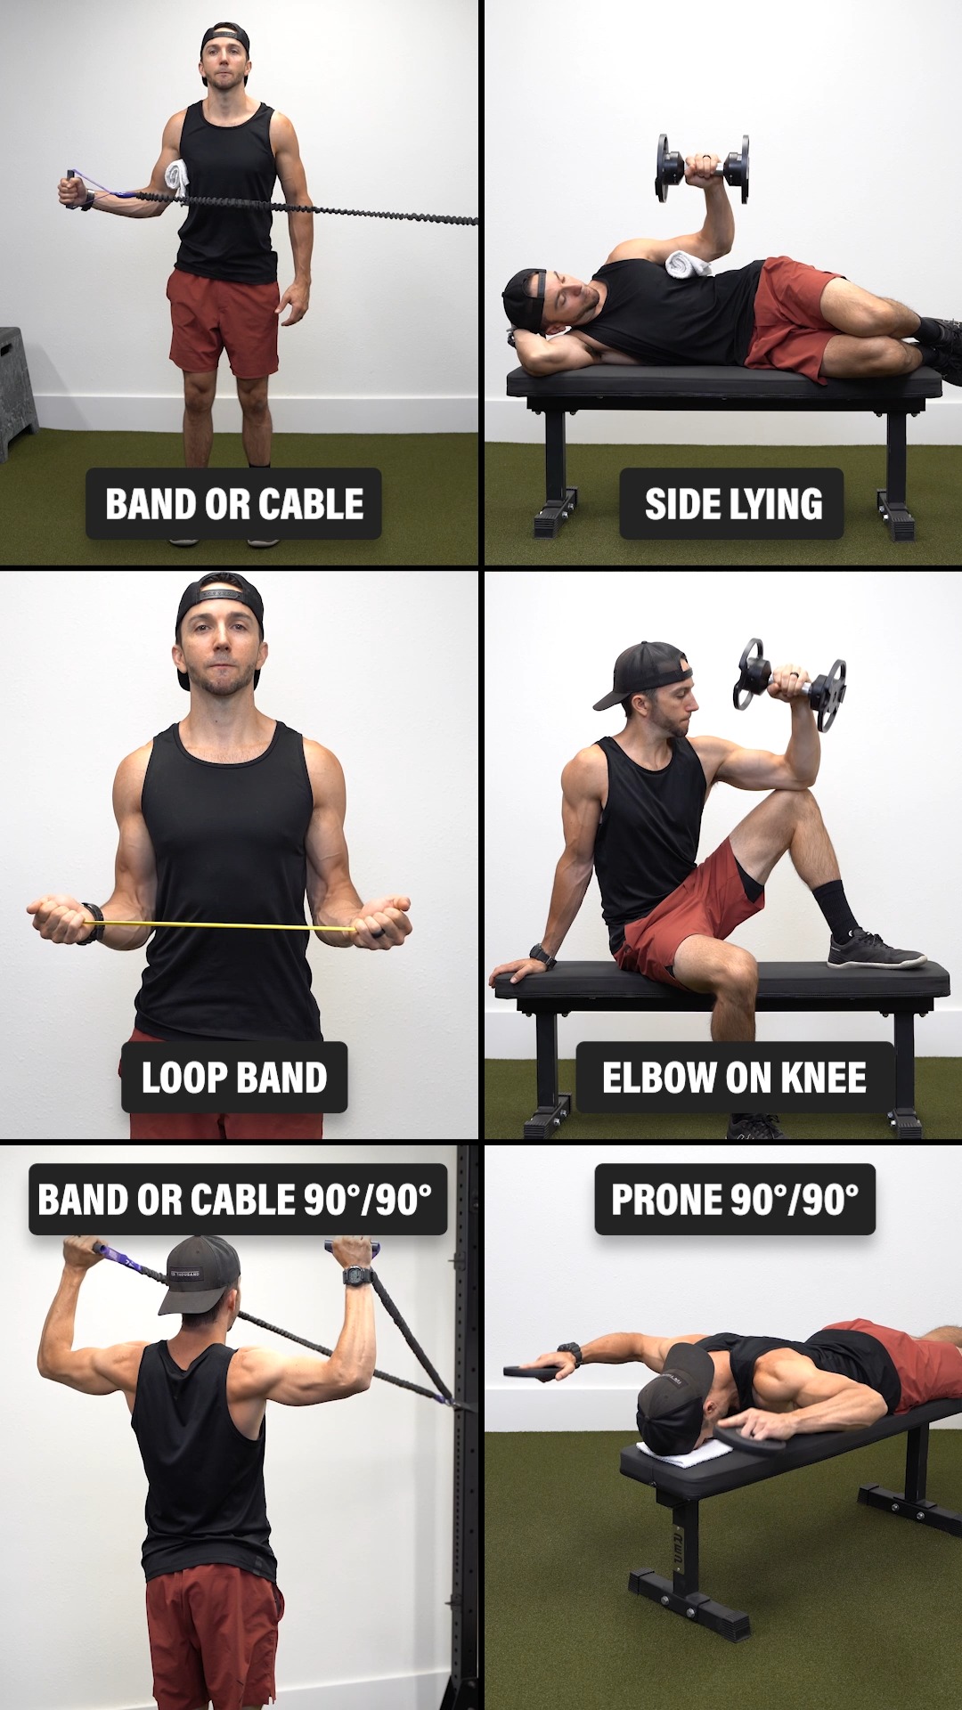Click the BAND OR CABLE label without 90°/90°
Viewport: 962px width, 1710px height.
[x=234, y=503]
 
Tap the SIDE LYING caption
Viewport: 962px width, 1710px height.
[x=732, y=503]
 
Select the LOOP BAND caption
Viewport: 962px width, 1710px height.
[x=234, y=1077]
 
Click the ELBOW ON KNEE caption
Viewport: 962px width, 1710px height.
[x=734, y=1077]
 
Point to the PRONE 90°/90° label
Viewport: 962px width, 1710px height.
[x=735, y=1200]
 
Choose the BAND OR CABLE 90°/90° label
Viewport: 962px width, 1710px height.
[x=237, y=1200]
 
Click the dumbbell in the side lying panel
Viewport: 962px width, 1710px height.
[x=703, y=168]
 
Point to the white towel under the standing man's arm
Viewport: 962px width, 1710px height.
[x=179, y=178]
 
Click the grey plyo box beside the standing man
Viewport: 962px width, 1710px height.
[x=17, y=391]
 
